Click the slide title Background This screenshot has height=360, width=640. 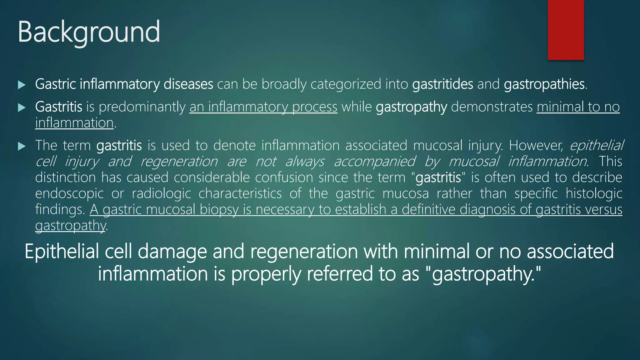tap(89, 32)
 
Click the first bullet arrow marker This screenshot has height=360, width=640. tap(22, 85)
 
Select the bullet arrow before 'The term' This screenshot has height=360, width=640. tap(22, 146)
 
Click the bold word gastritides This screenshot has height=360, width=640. tap(442, 84)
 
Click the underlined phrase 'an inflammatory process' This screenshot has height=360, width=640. tap(263, 107)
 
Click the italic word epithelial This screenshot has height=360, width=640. tap(597, 145)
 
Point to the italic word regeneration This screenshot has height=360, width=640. tap(179, 162)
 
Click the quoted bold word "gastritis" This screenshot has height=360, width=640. tap(438, 177)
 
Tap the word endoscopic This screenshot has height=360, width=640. tap(69, 193)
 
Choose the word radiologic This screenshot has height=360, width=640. tap(161, 193)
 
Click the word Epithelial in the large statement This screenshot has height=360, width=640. tap(62, 252)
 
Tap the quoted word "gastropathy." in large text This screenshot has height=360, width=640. tap(483, 274)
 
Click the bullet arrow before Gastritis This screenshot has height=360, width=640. tap(22, 108)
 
